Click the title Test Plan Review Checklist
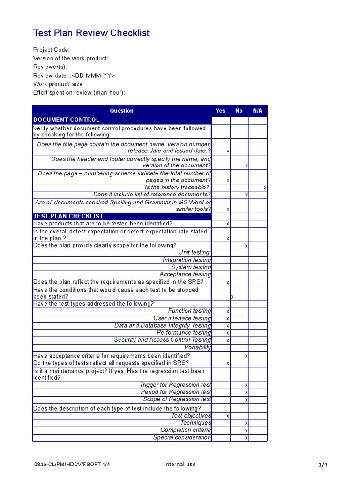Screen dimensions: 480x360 pyautogui.click(x=91, y=33)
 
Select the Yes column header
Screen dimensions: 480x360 pyautogui.click(x=220, y=111)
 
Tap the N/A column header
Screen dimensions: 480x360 pyautogui.click(x=257, y=111)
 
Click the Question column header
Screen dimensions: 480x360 pyautogui.click(x=122, y=111)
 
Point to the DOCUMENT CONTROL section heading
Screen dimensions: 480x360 pyautogui.click(x=66, y=120)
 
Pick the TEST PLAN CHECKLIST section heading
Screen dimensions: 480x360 pyautogui.click(x=68, y=216)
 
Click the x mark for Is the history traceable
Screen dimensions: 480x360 pyautogui.click(x=265, y=187)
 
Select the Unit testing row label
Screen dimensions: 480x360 pyautogui.click(x=194, y=253)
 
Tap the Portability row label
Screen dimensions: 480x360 pyautogui.click(x=198, y=348)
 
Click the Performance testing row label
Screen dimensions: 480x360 pyautogui.click(x=184, y=333)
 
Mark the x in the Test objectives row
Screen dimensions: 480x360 pyautogui.click(x=228, y=416)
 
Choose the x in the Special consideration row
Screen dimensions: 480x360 pyautogui.click(x=247, y=438)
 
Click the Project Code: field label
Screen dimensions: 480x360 pyautogui.click(x=52, y=50)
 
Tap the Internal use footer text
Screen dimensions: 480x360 pyautogui.click(x=180, y=465)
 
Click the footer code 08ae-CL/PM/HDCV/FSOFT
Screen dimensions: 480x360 pyautogui.click(x=72, y=465)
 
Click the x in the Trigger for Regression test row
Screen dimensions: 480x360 pyautogui.click(x=247, y=385)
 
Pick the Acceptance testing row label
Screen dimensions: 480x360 pyautogui.click(x=185, y=274)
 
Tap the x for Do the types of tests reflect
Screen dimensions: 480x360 pyautogui.click(x=228, y=364)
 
